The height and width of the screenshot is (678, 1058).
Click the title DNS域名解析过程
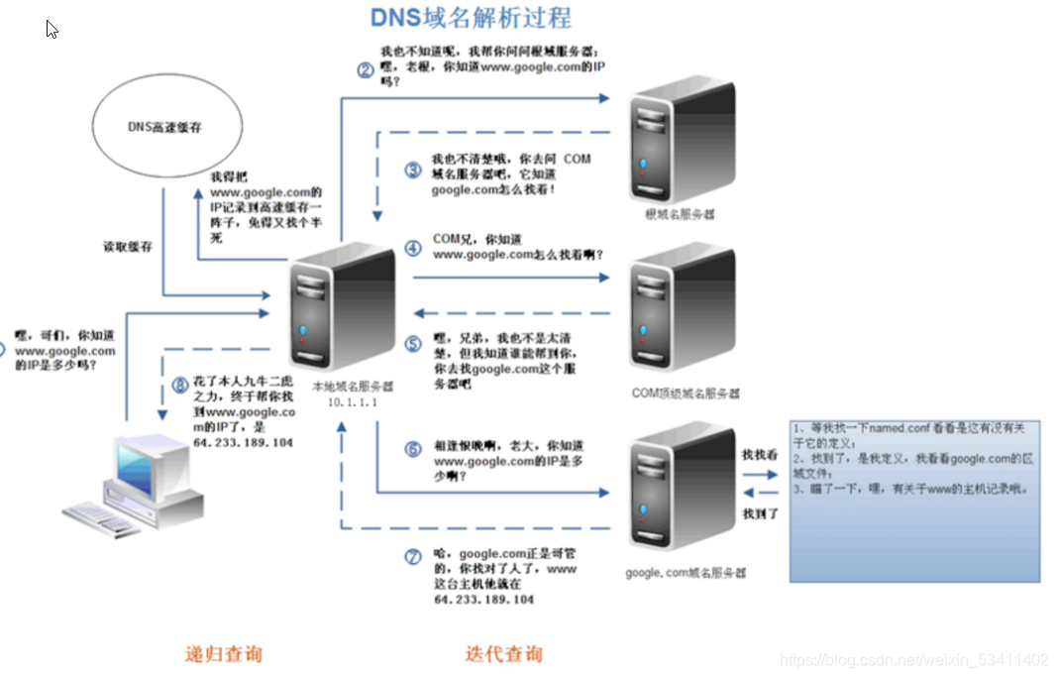coord(471,18)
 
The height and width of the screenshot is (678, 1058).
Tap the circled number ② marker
coord(366,69)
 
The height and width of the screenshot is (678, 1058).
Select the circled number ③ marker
coord(413,169)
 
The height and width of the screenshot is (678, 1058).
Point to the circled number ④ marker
coord(413,249)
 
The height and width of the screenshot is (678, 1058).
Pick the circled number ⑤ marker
coord(413,345)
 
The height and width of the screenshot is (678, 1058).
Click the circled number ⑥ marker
coord(413,449)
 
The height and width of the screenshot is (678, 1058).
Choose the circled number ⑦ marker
coord(413,556)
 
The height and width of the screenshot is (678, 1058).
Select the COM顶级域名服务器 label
coord(685,394)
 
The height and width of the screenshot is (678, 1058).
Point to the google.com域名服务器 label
coord(686,573)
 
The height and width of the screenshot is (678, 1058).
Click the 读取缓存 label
coord(129,247)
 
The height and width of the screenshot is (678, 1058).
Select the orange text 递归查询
coord(225,654)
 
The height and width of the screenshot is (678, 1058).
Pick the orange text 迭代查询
coord(504,654)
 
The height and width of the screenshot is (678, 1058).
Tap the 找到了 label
coord(760,513)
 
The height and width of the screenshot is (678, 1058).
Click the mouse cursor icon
coord(51,28)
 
